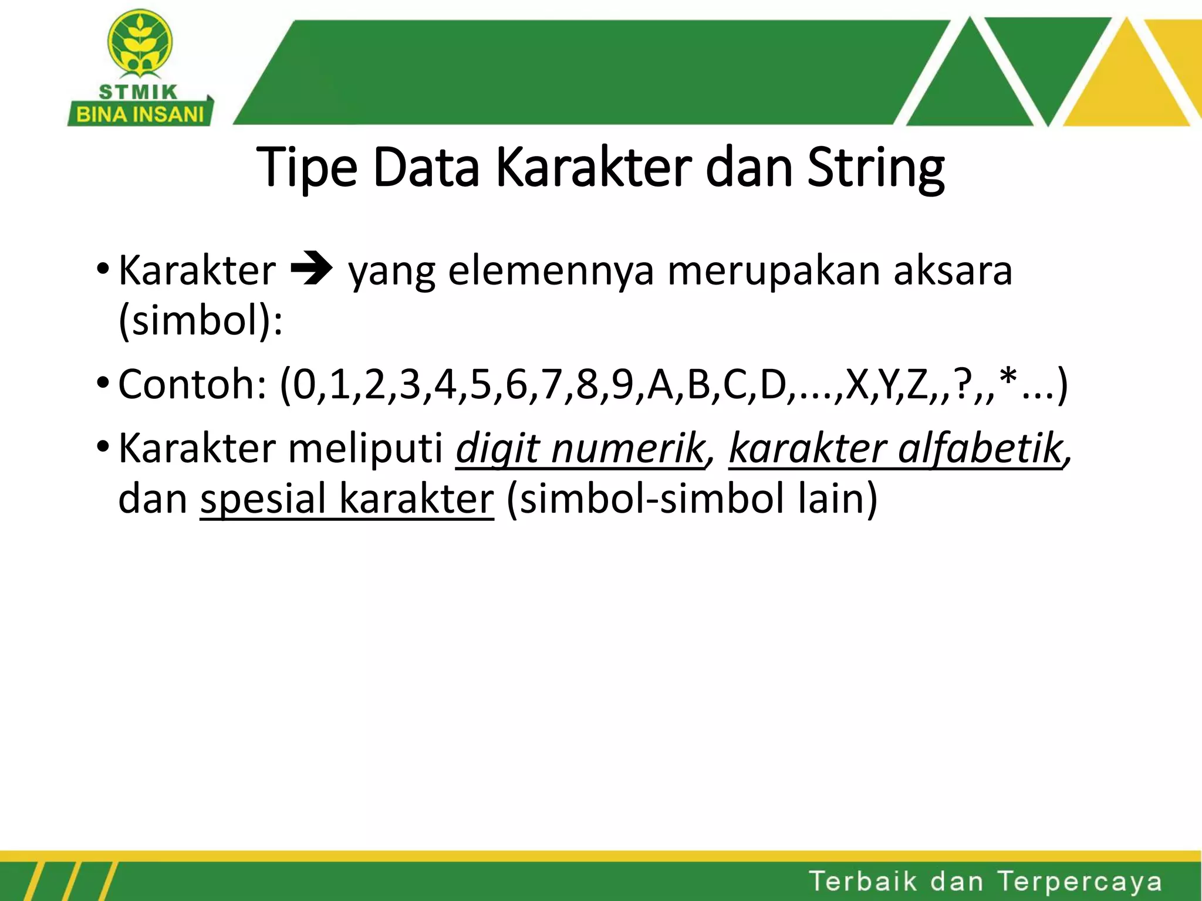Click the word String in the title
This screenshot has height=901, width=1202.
(876, 168)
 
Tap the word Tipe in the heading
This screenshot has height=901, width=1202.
(306, 168)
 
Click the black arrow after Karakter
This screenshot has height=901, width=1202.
(312, 270)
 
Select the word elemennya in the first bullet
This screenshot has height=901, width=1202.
(551, 271)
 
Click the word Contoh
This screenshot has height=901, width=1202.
(191, 385)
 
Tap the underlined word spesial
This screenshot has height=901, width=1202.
(263, 500)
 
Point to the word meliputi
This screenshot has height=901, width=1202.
(365, 449)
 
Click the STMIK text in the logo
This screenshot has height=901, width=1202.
(139, 92)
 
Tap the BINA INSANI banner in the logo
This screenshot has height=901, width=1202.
(140, 114)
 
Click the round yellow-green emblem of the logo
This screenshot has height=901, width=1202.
(140, 44)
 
